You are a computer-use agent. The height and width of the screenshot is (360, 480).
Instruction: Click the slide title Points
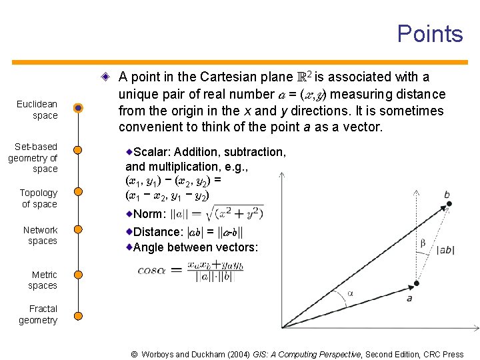(429, 34)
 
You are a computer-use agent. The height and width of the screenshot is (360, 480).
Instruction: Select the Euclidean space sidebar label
(37, 110)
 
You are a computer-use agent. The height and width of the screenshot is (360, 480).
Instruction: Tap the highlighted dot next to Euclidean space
(79, 108)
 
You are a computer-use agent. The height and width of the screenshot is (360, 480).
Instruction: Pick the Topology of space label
(39, 199)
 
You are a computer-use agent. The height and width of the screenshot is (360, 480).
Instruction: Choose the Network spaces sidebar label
(41, 235)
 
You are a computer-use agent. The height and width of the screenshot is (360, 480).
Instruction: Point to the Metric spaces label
(44, 280)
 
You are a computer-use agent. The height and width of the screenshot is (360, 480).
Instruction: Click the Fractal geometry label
(39, 315)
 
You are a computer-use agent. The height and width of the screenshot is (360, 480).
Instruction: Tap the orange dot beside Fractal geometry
(79, 315)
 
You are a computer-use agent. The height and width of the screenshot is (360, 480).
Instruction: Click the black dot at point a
(417, 284)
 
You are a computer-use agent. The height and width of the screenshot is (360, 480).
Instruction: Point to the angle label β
(423, 243)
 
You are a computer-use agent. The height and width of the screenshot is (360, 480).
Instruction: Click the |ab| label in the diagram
(445, 250)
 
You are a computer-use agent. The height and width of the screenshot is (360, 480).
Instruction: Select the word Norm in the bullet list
(149, 214)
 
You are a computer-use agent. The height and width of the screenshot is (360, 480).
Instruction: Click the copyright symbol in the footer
(134, 355)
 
